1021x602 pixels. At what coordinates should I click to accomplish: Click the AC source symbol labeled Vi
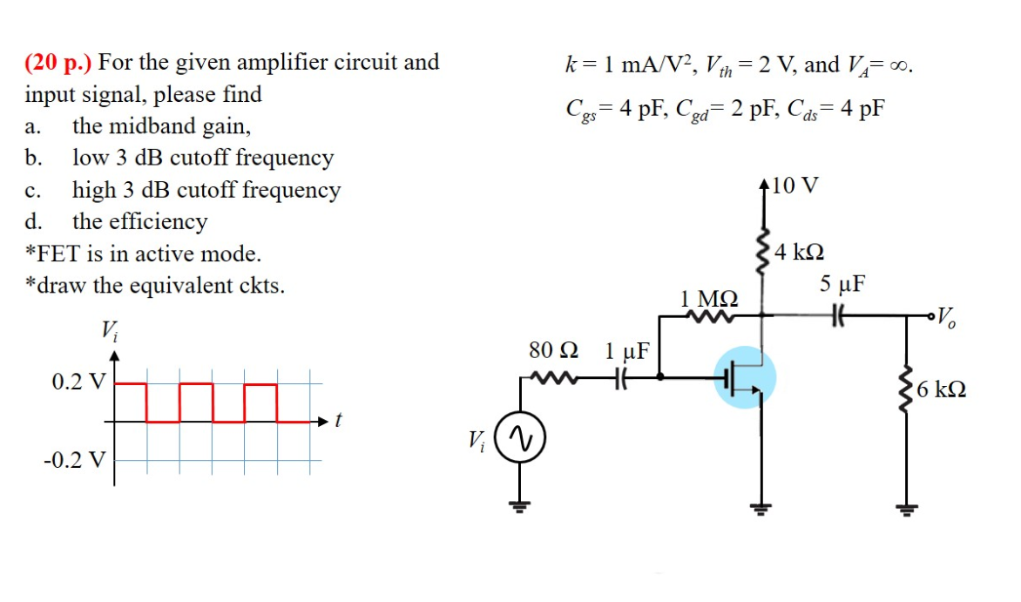(520, 436)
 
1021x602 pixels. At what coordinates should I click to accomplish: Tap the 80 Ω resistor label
(553, 351)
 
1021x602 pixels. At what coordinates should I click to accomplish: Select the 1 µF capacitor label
(626, 351)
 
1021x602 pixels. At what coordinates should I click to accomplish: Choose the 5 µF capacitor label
(842, 284)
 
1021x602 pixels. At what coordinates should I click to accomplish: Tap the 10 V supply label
(794, 186)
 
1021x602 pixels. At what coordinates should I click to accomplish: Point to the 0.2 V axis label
(78, 381)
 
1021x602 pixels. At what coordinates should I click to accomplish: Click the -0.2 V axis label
(74, 459)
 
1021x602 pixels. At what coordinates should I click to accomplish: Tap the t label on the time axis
(338, 422)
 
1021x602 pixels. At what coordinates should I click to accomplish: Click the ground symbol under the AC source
(520, 504)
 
